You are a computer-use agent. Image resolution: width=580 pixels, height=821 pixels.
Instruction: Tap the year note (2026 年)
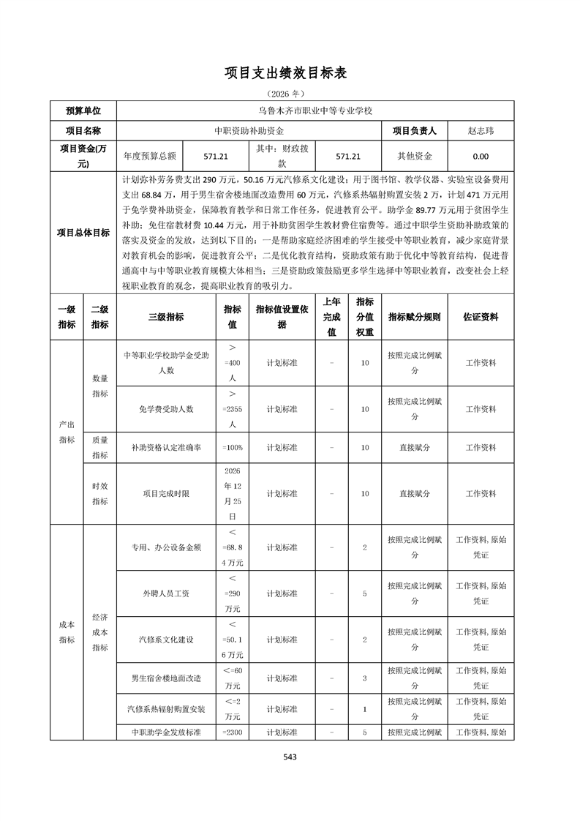(290, 94)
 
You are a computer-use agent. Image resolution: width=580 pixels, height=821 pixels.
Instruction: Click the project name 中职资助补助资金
(249, 131)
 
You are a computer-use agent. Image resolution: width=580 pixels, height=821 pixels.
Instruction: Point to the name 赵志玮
(481, 131)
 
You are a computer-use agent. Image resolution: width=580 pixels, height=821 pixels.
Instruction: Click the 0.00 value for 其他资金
(481, 156)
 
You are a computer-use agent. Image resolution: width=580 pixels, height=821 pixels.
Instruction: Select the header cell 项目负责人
(414, 131)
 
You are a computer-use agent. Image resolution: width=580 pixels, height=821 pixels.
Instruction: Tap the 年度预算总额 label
(150, 156)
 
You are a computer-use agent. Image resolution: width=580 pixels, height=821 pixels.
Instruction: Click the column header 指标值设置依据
(282, 317)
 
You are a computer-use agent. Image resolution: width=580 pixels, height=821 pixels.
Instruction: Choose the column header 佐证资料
(481, 317)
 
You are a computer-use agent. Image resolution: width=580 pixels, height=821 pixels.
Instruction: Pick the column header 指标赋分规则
(414, 317)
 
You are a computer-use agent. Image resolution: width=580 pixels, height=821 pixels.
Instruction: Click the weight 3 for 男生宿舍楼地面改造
(364, 678)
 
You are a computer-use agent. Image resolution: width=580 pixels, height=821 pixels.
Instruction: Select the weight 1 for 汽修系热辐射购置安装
(364, 709)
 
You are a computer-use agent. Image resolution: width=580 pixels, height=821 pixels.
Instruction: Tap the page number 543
(290, 757)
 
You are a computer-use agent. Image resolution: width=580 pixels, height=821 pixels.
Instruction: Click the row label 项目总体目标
(83, 233)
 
